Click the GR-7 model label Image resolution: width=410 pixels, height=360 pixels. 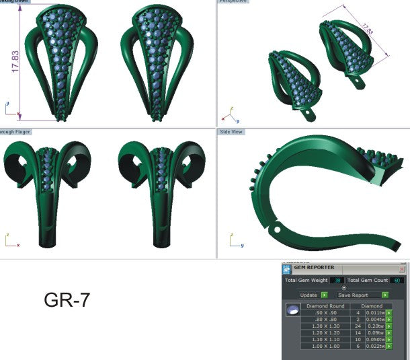pyautogui.click(x=67, y=300)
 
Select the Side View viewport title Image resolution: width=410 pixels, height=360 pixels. pyautogui.click(x=231, y=133)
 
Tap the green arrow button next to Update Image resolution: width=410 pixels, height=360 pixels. pyautogui.click(x=325, y=295)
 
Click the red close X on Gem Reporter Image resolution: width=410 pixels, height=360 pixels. pyautogui.click(x=402, y=268)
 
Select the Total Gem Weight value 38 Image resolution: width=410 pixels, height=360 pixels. pyautogui.click(x=337, y=281)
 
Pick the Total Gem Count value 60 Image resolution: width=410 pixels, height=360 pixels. pyautogui.click(x=397, y=281)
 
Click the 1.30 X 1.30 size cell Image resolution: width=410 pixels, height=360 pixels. pyautogui.click(x=324, y=326)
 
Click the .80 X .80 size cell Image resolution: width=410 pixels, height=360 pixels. pyautogui.click(x=324, y=319)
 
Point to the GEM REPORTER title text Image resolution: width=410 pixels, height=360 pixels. pyautogui.click(x=314, y=268)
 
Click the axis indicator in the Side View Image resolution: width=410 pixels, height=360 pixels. pyautogui.click(x=232, y=240)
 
